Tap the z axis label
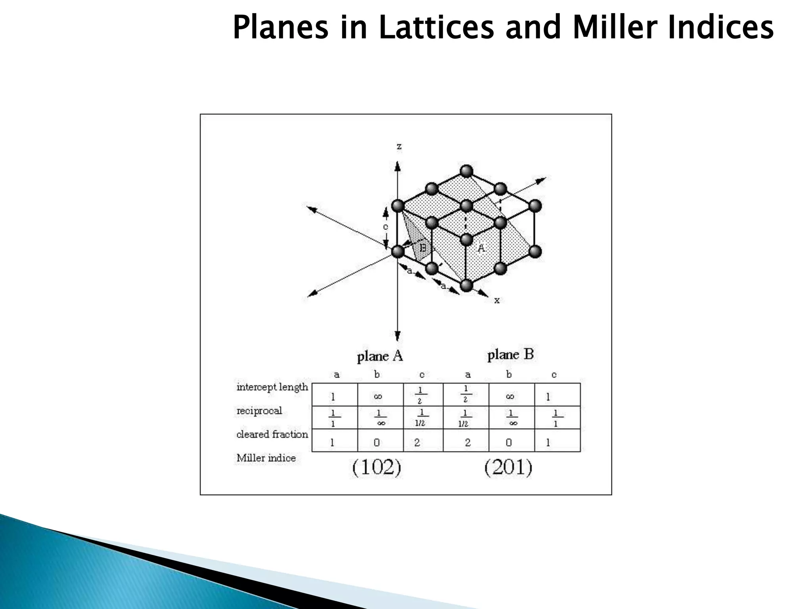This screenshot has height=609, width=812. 399,147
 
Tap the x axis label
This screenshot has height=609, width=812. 497,300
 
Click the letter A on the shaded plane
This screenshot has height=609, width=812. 481,248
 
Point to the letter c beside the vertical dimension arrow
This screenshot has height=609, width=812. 385,227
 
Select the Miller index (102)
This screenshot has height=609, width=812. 377,468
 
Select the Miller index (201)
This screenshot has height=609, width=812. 508,468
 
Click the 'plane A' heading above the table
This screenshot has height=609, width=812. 380,356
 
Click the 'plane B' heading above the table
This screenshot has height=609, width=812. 511,354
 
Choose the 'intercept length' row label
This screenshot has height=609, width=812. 272,387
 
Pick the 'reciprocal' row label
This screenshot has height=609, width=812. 259,411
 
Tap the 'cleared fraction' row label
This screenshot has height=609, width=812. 272,435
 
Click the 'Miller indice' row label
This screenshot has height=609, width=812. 266,458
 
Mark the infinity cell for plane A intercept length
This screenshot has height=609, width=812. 378,396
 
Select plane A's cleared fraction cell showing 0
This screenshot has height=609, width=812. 377,442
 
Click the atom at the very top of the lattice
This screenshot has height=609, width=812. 466,172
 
